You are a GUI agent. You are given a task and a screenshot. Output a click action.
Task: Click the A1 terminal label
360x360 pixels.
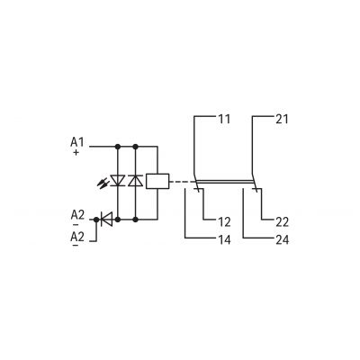tap(77, 142)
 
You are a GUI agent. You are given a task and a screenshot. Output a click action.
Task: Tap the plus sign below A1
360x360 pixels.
tap(76, 152)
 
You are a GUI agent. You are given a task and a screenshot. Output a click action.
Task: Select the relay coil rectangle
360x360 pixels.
tap(157, 181)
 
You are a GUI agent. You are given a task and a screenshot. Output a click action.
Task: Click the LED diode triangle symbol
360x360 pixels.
tap(118, 181)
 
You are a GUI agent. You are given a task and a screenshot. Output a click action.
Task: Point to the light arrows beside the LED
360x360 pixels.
tap(103, 183)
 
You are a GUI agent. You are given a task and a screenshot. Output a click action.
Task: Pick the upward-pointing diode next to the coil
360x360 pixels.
tap(136, 181)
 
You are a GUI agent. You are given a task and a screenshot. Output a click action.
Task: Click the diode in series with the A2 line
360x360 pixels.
tap(106, 220)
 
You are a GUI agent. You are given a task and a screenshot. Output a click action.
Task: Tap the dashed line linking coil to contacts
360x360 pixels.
tap(183, 182)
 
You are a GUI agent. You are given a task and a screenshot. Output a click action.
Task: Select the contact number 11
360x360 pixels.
tap(224, 119)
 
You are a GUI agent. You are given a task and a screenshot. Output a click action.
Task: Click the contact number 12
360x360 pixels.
tap(224, 222)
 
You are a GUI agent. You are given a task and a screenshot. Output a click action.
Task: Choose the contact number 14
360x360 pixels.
tap(224, 239)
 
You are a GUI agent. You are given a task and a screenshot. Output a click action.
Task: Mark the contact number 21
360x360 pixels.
tap(282, 119)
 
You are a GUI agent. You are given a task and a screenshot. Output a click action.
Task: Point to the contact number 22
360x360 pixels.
tap(282, 222)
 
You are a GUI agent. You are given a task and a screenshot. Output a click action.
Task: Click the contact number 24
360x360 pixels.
tap(282, 239)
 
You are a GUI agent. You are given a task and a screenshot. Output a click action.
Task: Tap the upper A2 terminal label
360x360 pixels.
tap(77, 215)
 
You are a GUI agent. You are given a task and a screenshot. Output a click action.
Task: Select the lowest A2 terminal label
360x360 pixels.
tap(77, 237)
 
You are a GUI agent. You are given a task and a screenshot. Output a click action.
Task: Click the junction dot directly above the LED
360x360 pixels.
tap(118, 147)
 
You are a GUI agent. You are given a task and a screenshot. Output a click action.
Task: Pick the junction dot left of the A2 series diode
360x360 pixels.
tap(96, 220)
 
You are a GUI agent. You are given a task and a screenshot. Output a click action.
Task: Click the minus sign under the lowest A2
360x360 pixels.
tap(76, 246)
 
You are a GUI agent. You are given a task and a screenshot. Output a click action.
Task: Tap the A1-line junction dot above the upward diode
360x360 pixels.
tap(136, 147)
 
